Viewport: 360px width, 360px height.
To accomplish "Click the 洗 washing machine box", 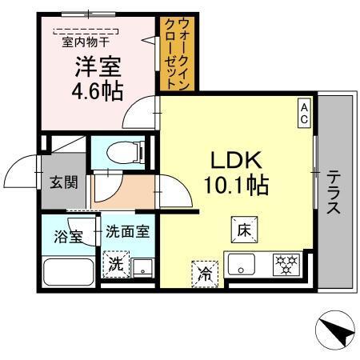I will pyautogui.click(x=117, y=265).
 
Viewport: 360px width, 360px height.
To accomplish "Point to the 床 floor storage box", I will pyautogui.click(x=244, y=228).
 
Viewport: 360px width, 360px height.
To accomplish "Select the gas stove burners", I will pyautogui.click(x=285, y=265).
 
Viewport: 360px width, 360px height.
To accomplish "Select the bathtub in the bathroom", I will pyautogui.click(x=69, y=273).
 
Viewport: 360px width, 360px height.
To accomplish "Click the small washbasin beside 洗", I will pyautogui.click(x=143, y=267).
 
